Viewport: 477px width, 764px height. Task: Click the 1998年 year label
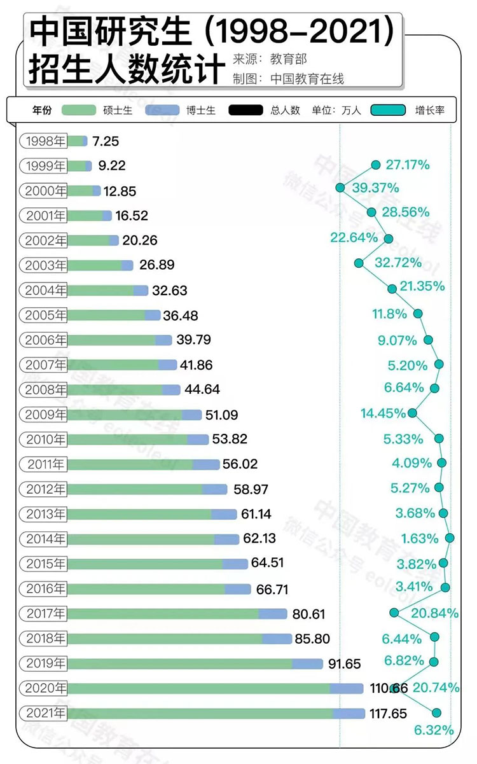coord(45,141)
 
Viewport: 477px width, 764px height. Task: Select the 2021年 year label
coord(45,714)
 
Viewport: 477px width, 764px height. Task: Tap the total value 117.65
coord(388,714)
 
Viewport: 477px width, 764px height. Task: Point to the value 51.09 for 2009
coord(222,415)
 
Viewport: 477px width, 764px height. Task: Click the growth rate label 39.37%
coord(375,188)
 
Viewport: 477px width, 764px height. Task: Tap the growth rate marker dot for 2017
coord(394,613)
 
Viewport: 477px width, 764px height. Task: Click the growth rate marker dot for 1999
coord(375,165)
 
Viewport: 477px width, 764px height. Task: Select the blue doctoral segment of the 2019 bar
coord(308,664)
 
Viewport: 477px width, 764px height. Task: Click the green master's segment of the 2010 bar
coord(127,440)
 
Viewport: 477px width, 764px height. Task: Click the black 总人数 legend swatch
coord(247,110)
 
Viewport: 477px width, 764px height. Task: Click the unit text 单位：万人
coord(336,110)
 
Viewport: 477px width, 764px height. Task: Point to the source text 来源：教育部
coord(270,59)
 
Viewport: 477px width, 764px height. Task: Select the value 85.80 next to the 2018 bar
coord(312,639)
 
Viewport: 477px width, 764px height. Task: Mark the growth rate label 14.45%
coord(383,413)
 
